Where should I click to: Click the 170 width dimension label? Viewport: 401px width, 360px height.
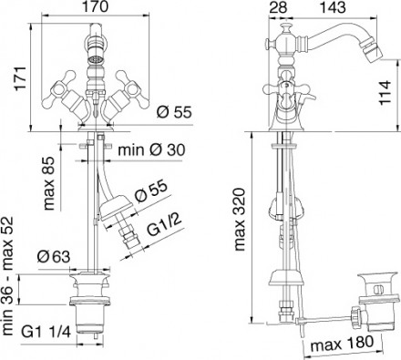[96, 6]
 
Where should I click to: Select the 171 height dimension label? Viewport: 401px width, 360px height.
[21, 77]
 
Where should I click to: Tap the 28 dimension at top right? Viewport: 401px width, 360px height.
[278, 7]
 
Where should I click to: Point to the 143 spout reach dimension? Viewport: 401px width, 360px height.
[333, 7]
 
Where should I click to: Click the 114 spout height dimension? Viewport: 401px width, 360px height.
[385, 92]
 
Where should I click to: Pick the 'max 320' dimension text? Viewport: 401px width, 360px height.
[239, 220]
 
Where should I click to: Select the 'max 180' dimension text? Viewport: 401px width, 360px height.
[342, 343]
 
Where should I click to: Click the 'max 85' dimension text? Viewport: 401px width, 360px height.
[48, 183]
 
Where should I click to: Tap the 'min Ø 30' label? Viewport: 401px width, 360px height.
[151, 149]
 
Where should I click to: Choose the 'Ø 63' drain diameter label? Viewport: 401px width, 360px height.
[54, 257]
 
